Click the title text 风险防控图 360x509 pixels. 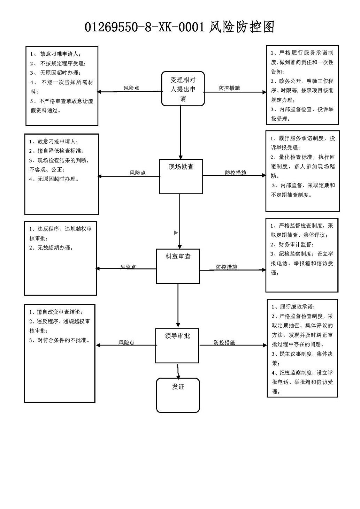coord(242,27)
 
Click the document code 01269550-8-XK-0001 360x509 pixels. coord(144,27)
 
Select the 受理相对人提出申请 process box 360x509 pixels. coord(183,89)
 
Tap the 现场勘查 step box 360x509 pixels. coord(181,176)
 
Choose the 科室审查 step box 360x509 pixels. coord(178,266)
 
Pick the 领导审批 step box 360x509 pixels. coord(177,345)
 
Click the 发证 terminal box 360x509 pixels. coord(178,395)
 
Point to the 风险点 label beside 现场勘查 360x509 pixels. coord(138,173)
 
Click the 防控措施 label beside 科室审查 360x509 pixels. coord(226,267)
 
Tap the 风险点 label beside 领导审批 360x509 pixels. coord(126,343)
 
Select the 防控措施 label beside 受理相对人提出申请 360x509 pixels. coord(229,88)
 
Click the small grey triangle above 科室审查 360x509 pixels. coord(176,233)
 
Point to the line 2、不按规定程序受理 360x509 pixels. coord(58,63)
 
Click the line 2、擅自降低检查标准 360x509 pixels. coord(56,151)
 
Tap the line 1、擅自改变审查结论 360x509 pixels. coord(56,312)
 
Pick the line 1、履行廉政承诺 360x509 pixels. coord(293,307)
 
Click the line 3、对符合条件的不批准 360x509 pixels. coord(59,340)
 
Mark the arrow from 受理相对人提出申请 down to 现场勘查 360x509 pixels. coord(181,132)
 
